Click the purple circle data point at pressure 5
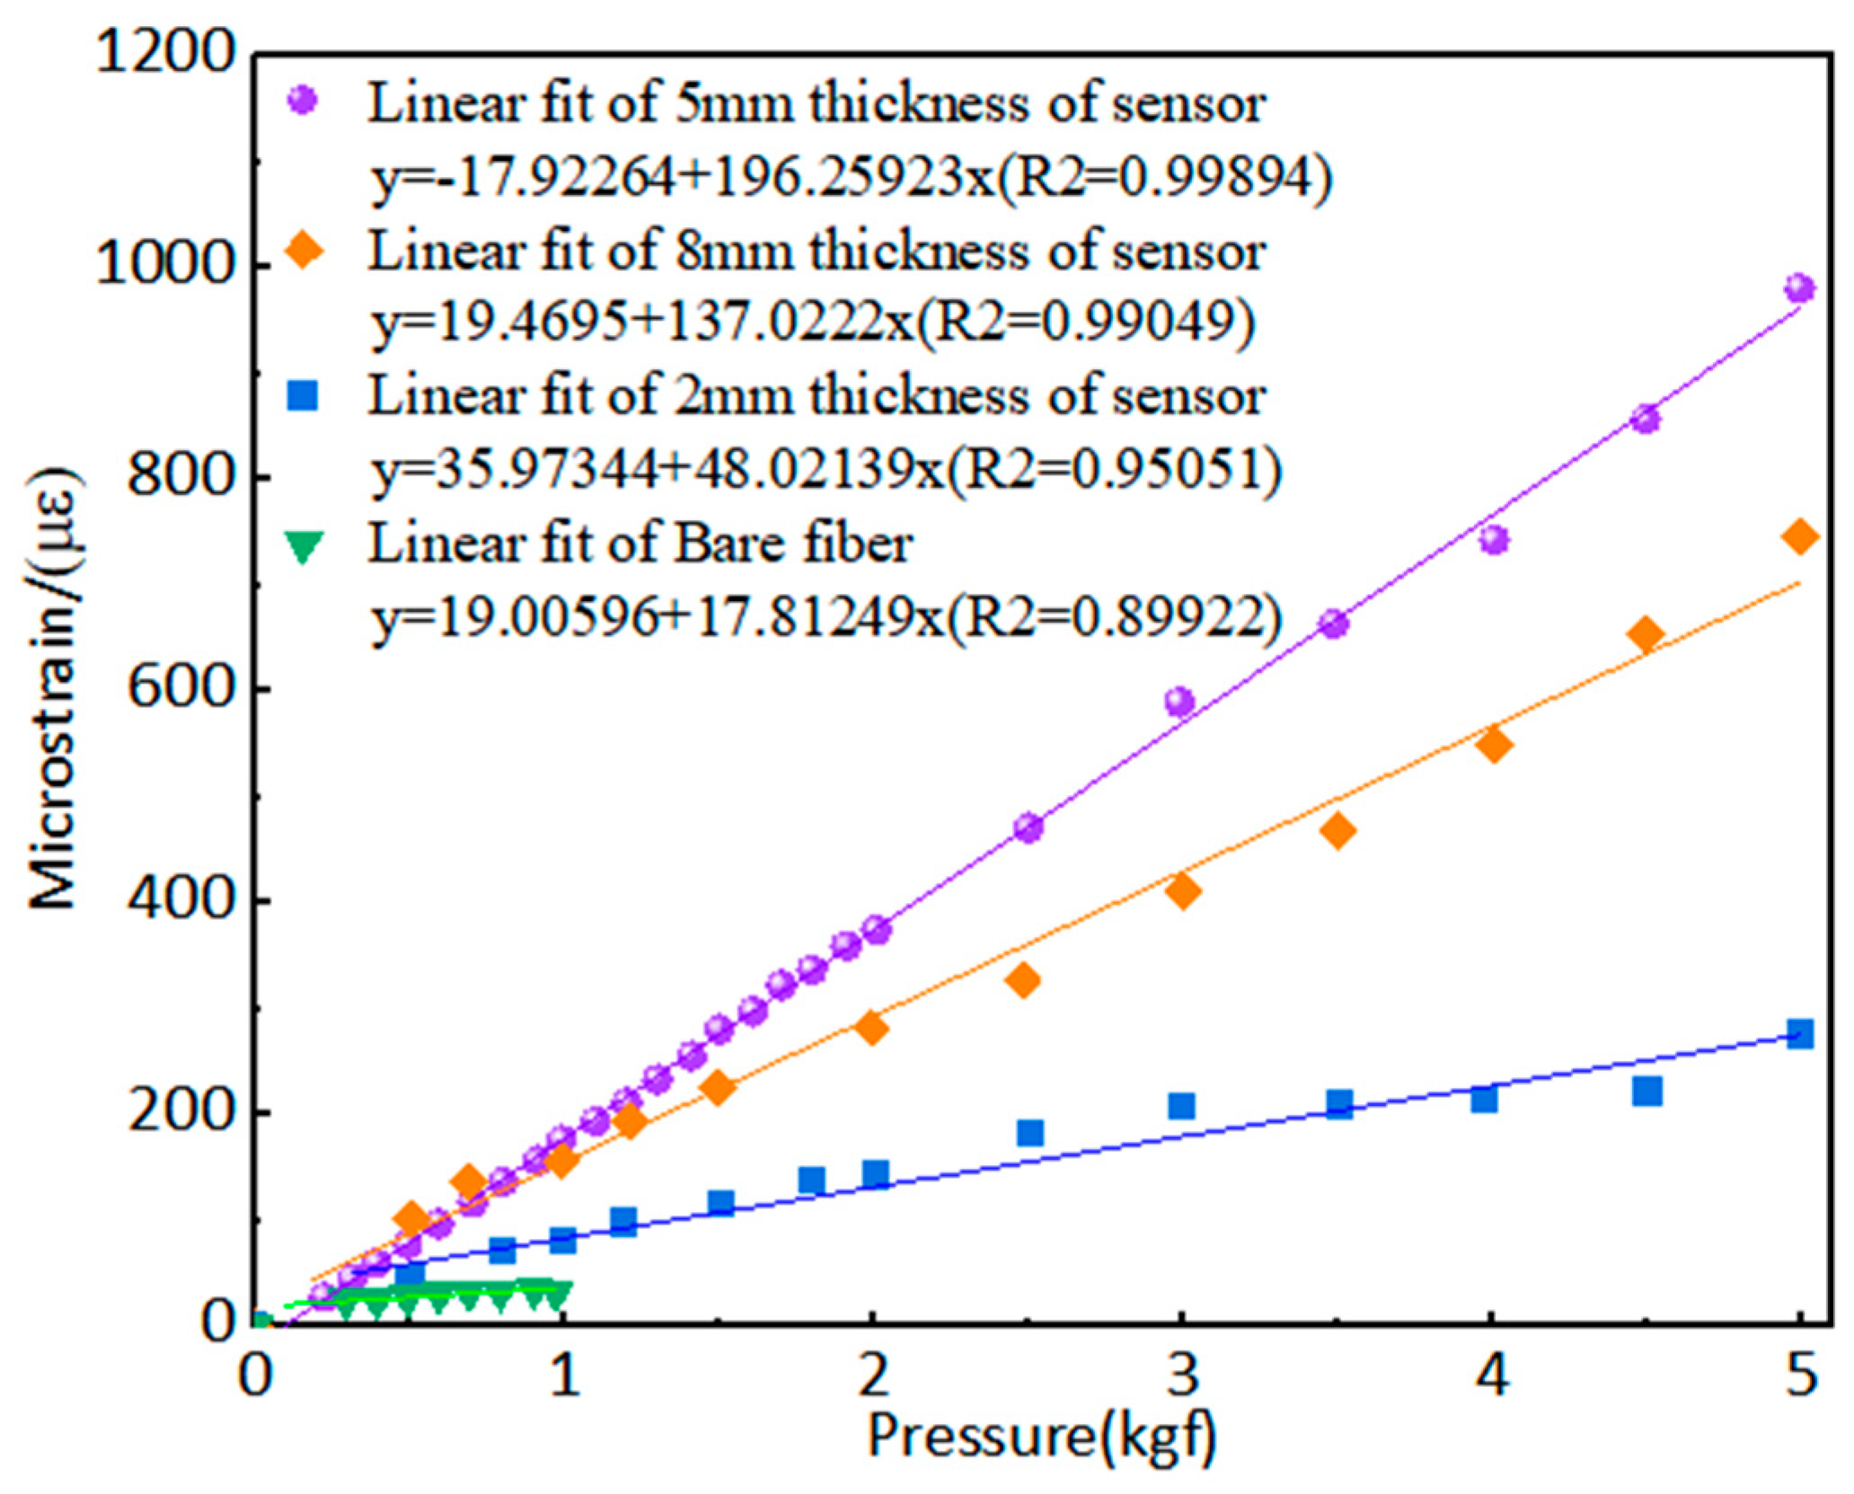1799,288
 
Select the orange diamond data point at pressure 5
1799,536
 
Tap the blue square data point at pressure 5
1799,1034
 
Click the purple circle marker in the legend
304,100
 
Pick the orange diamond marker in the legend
304,249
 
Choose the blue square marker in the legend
304,395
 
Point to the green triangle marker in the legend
304,545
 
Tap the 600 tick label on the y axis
180,689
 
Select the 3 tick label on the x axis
1181,1375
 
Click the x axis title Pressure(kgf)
1041,1435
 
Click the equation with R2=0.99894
850,178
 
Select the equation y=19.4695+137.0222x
813,323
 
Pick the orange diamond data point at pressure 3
1183,891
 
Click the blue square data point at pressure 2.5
1029,1133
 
